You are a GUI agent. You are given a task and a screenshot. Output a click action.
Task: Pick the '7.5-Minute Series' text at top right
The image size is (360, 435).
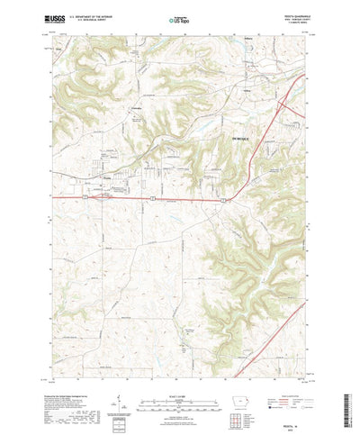tap(293, 22)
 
